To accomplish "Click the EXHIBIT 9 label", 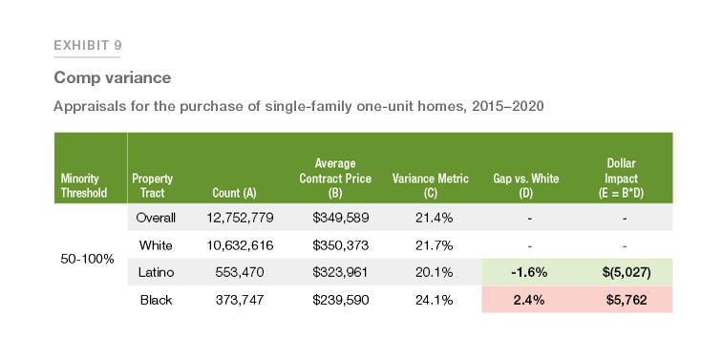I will pos(87,46).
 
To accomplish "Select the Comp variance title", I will pos(112,77).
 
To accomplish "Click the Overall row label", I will pos(156,218).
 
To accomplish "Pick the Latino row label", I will pos(156,272).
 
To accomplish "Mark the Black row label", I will pos(156,300).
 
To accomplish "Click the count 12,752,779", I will pos(240,218).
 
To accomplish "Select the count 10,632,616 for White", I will pos(240,245).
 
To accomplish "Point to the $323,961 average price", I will pos(341,272).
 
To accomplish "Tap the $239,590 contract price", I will pos(341,300).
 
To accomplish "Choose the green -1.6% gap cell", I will pos(528,272).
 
